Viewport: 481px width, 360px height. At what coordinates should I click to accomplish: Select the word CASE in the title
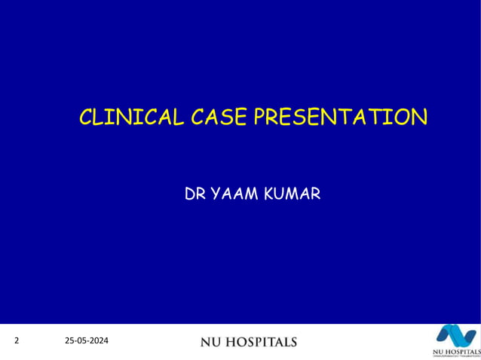218,117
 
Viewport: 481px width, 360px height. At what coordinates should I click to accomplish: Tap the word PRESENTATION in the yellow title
339,117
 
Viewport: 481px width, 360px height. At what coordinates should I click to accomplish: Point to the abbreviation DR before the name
194,194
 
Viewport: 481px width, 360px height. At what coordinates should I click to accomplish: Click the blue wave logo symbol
455,336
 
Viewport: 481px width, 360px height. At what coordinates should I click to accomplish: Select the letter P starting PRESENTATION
259,117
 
